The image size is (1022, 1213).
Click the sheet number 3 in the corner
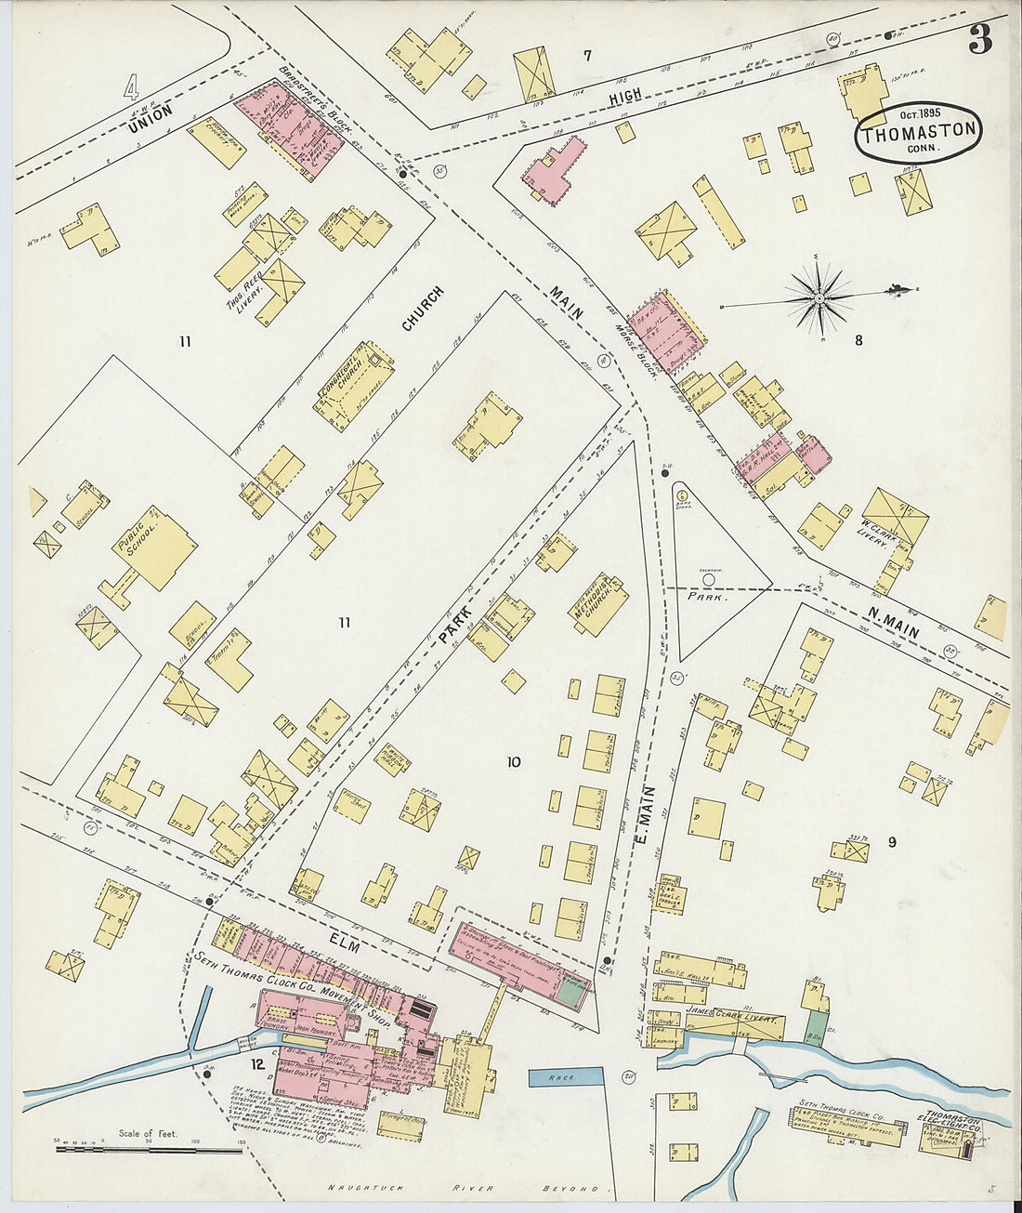pos(979,40)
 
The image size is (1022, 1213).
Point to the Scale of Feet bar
pos(149,1150)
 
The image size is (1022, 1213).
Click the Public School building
pos(154,547)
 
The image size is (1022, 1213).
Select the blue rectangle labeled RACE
pos(565,1077)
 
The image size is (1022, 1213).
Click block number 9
pos(891,842)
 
